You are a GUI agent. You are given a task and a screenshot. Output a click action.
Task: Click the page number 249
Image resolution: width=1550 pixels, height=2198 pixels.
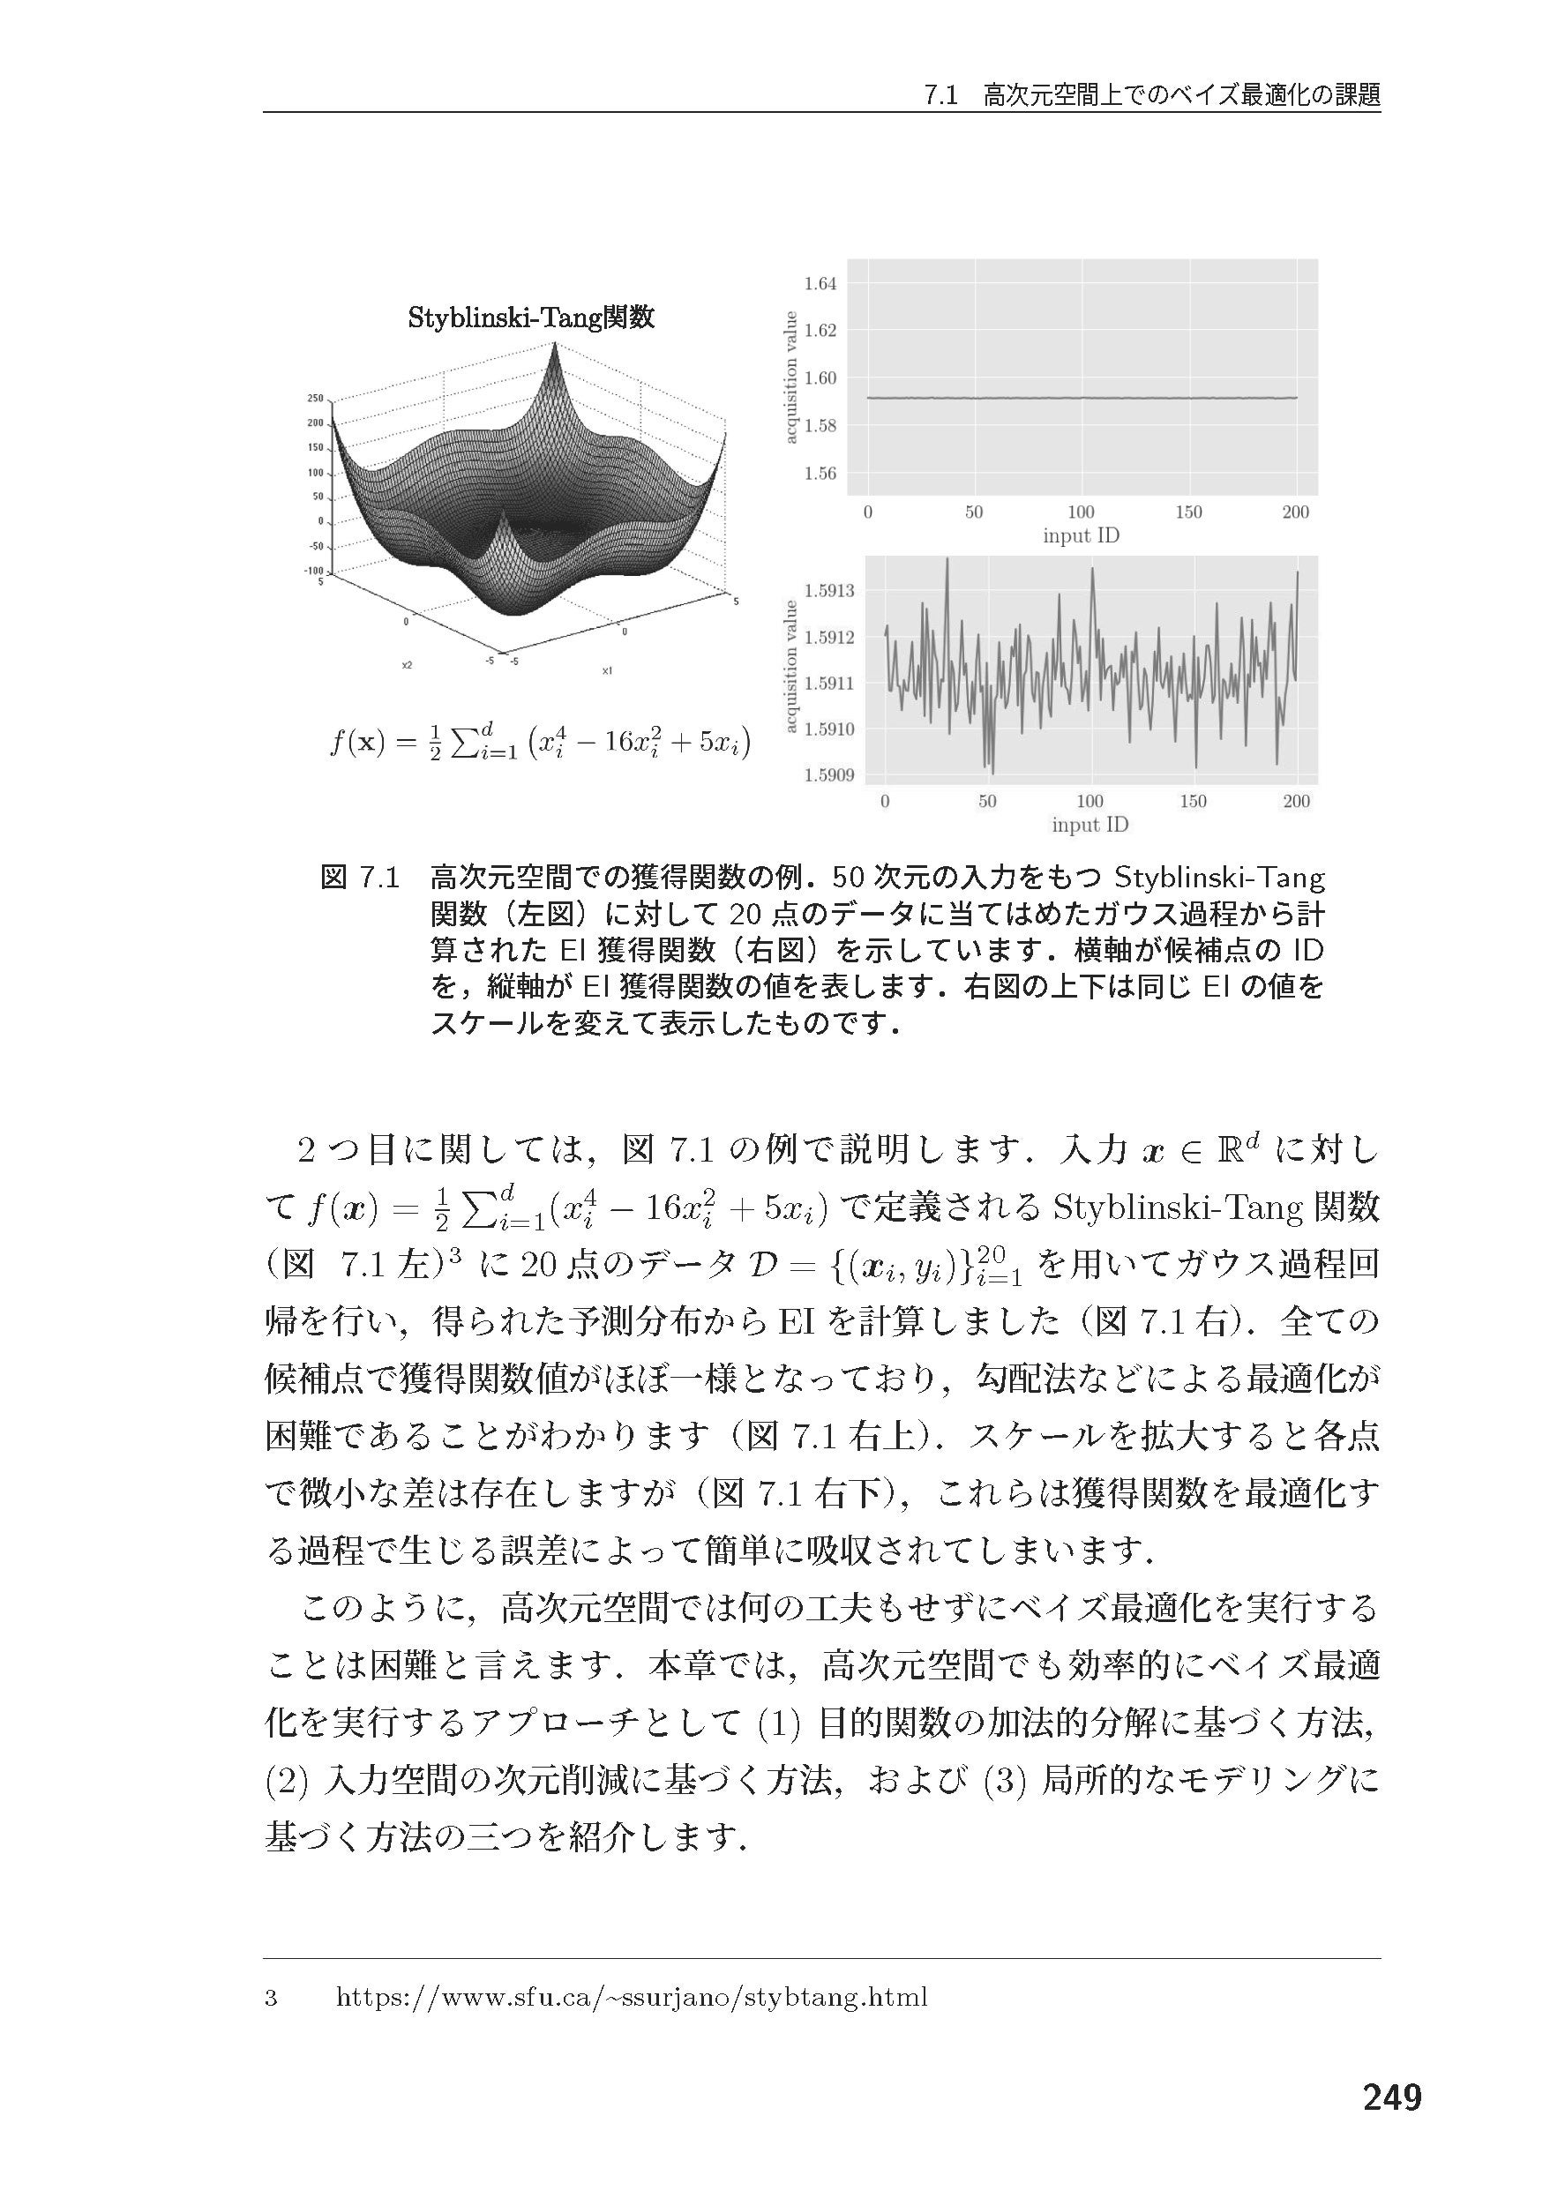pos(1391,2097)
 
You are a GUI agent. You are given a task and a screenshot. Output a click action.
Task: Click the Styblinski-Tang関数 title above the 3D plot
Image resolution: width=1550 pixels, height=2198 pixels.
pos(531,317)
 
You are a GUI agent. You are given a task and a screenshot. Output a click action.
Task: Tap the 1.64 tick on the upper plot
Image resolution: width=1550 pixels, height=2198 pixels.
pos(820,283)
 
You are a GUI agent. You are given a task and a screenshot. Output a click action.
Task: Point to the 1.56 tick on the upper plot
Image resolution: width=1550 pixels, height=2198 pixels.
pos(820,473)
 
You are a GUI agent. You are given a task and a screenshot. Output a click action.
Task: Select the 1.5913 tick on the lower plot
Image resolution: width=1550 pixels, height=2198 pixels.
pos(829,591)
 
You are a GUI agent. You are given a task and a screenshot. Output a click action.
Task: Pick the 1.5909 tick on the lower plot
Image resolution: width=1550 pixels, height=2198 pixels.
pos(829,774)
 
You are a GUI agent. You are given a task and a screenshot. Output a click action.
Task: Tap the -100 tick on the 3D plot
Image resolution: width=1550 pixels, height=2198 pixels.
pos(313,571)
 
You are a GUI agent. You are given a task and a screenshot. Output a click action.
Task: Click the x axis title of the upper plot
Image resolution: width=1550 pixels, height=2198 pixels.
pos(1081,536)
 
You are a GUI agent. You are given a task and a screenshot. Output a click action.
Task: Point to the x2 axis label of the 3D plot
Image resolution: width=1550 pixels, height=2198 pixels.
pos(407,664)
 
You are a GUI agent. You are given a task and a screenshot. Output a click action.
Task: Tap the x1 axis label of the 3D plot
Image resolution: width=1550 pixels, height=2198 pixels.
pos(607,671)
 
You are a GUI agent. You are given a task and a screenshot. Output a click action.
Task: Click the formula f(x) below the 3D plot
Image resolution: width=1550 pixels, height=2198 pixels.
pos(539,743)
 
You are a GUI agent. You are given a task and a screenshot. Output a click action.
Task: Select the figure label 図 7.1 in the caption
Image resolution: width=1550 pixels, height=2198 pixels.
pos(359,877)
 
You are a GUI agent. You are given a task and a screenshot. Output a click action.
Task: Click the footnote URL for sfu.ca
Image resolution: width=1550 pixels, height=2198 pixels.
pos(632,1997)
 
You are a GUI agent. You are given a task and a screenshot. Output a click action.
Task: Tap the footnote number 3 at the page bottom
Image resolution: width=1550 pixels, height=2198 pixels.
pos(271,1998)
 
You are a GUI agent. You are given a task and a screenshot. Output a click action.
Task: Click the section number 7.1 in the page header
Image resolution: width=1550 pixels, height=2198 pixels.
pos(941,96)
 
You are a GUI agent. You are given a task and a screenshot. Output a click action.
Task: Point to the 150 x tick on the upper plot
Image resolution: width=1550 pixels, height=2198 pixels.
pos(1188,512)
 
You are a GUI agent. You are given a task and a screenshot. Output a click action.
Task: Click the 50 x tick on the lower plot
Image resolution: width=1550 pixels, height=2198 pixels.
pos(987,801)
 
